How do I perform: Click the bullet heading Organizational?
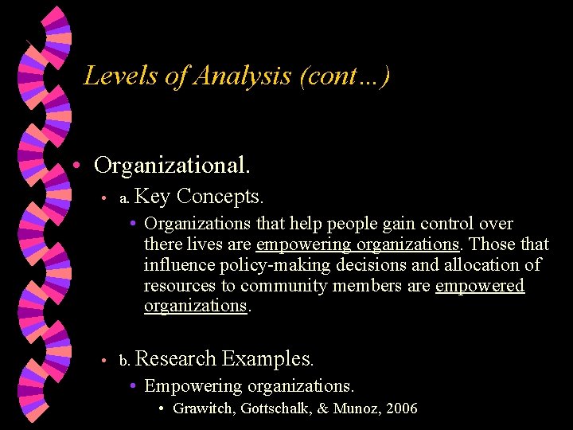173,166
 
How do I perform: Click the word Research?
176,358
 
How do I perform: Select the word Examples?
268,358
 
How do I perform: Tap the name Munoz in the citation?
355,409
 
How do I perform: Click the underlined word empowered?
480,285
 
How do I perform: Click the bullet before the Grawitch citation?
162,409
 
